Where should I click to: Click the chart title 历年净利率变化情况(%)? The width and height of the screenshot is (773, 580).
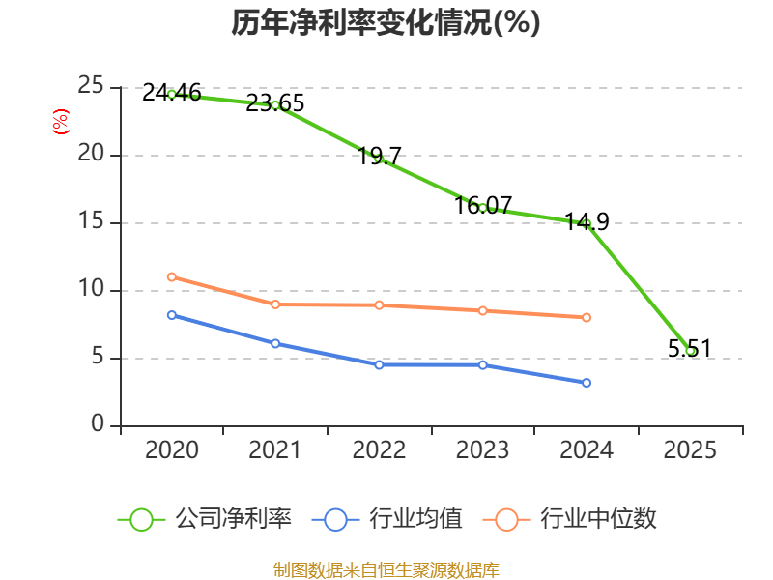click(x=386, y=22)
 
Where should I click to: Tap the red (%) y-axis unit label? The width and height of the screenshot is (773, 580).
click(x=61, y=122)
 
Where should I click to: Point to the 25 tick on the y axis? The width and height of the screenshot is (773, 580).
click(x=91, y=86)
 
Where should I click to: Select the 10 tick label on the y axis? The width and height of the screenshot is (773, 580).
click(x=91, y=288)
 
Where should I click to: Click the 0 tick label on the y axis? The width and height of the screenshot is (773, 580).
click(x=98, y=423)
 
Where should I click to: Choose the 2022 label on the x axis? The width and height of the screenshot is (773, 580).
click(x=379, y=449)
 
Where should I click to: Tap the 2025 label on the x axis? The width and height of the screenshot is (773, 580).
click(x=690, y=449)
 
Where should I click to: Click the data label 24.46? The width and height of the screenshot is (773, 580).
click(x=172, y=93)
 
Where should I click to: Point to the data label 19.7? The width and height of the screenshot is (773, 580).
click(x=379, y=157)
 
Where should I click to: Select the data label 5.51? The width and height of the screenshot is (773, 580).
click(x=690, y=349)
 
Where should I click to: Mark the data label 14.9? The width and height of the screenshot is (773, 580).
click(x=587, y=222)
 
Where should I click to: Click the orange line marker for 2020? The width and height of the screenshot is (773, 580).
click(x=172, y=277)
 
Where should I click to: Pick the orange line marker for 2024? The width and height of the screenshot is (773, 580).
click(x=587, y=318)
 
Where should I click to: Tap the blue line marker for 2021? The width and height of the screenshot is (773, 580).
click(x=275, y=343)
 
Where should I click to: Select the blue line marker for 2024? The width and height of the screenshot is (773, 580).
click(x=587, y=383)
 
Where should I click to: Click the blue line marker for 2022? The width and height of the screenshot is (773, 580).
click(x=379, y=365)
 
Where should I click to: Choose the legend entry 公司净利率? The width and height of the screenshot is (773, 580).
click(x=205, y=519)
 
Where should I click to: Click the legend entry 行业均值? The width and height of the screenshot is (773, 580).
click(x=387, y=519)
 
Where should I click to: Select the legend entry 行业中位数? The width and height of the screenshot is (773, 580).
click(x=570, y=519)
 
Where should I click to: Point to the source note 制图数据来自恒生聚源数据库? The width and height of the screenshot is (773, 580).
click(x=386, y=570)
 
